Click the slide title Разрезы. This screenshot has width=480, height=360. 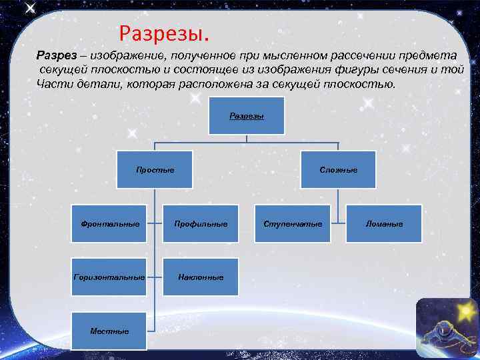[163, 32]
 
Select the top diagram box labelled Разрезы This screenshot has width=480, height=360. [247, 116]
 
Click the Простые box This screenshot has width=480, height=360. [155, 170]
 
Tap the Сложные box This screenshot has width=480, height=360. [338, 170]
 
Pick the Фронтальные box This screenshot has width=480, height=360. [110, 223]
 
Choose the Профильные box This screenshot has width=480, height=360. [201, 223]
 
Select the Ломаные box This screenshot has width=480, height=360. [384, 223]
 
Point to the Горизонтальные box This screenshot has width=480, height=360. [110, 277]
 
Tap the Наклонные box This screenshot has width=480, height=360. [201, 277]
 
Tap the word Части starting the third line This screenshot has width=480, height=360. [53, 85]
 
